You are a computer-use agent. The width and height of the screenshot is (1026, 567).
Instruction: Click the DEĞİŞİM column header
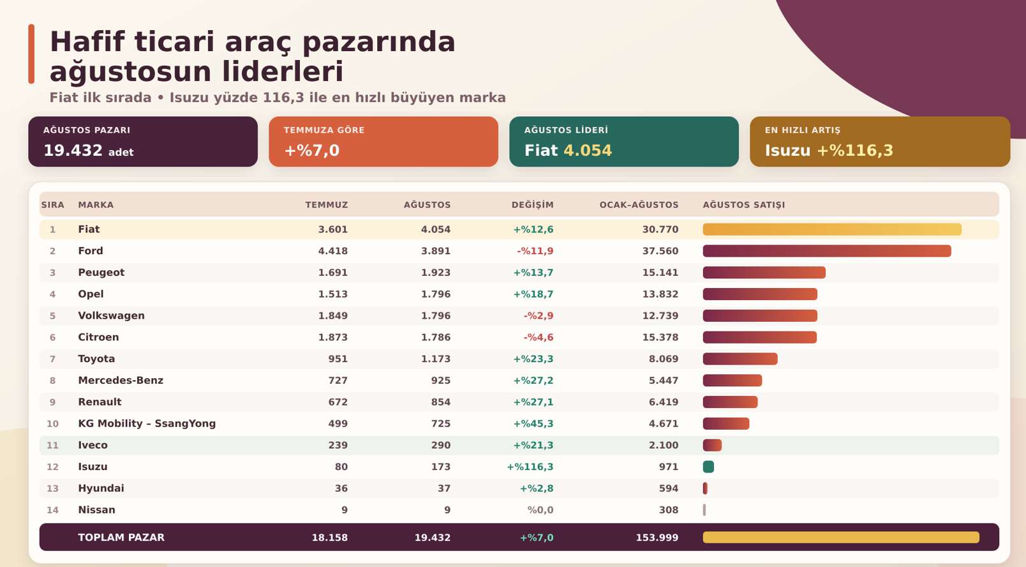[x=532, y=205]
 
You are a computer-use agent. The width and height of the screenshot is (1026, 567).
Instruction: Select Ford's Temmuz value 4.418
[x=333, y=251]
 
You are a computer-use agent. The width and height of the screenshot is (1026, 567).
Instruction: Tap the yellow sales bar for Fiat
[x=832, y=229]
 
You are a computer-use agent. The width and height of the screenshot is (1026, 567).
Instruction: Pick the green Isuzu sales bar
[x=708, y=467]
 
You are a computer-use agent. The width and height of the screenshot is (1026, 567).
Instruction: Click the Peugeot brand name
[x=101, y=273]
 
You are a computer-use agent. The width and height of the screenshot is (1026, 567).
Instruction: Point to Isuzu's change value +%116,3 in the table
[x=530, y=467]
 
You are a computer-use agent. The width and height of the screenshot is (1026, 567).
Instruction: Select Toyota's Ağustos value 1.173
[x=436, y=359]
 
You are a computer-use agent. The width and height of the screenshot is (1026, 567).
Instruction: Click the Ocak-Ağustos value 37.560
[x=660, y=251]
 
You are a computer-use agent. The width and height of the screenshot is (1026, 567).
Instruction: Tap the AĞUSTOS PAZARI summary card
[x=143, y=142]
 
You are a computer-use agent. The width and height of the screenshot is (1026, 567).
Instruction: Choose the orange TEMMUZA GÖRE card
[x=383, y=142]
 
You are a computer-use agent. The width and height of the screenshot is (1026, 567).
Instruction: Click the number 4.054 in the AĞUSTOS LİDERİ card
[x=588, y=150]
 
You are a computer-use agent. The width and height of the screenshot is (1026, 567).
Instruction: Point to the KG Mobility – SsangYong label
[x=147, y=423]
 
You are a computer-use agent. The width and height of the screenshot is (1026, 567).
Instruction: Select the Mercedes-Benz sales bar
[x=732, y=381]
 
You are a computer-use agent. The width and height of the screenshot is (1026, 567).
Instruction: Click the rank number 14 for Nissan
[x=53, y=510]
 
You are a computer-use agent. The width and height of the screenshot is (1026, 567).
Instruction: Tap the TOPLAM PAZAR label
[x=121, y=537]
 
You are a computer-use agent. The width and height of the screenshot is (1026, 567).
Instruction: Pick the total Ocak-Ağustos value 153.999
[x=657, y=537]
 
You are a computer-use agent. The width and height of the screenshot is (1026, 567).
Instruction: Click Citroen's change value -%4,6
[x=538, y=337]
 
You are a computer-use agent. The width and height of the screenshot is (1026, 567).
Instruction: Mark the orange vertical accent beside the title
[x=31, y=54]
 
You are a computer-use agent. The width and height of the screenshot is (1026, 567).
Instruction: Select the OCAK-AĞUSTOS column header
[x=639, y=205]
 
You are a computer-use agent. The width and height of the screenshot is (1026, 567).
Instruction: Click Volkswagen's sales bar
[x=760, y=316]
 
